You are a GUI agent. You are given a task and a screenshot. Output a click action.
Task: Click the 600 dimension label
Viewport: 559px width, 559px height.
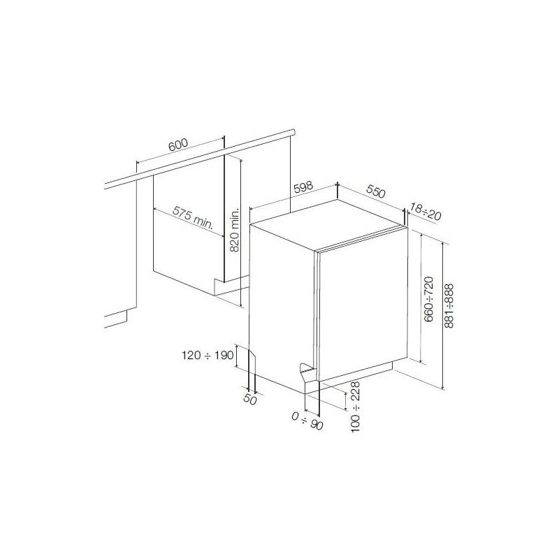(x=178, y=145)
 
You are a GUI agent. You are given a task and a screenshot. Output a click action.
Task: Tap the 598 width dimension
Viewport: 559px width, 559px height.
(x=303, y=187)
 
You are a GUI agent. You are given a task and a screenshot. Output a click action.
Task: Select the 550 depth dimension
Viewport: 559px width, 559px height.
(x=376, y=191)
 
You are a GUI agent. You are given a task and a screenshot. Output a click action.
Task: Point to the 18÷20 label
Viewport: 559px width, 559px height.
(x=426, y=211)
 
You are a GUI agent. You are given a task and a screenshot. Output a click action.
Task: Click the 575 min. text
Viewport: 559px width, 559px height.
(x=193, y=217)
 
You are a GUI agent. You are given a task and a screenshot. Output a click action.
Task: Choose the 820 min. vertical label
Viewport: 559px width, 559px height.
(x=235, y=231)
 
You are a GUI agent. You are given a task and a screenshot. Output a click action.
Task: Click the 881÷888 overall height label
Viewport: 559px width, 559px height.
(x=449, y=306)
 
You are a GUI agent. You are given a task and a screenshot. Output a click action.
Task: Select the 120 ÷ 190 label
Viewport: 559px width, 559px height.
(x=208, y=355)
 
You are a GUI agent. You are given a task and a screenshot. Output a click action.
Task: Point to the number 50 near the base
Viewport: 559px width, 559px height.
(x=250, y=400)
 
